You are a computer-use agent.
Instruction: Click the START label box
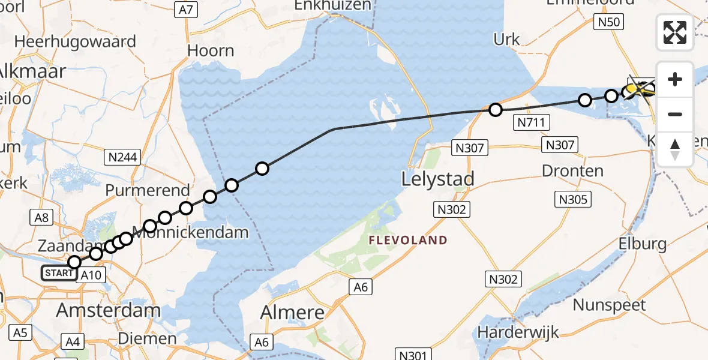[59, 274]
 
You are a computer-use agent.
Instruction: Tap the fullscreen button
[675, 32]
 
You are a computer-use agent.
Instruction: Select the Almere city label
[292, 312]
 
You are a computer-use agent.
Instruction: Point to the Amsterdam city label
[108, 310]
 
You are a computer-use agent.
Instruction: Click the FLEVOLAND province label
[408, 241]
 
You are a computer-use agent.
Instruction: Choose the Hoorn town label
[211, 50]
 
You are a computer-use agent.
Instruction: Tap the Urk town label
[506, 40]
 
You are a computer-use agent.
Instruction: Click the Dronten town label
[572, 171]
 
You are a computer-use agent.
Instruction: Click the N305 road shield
[574, 199]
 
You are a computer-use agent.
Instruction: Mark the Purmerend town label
[148, 190]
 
